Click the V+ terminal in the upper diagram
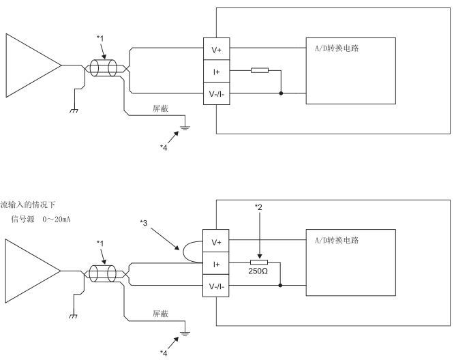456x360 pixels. pos(215,49)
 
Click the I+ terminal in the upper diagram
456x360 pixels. pos(215,71)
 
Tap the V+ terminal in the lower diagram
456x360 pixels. pos(215,242)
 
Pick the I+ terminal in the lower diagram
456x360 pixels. pos(215,264)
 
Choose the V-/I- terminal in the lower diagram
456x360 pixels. pos(215,285)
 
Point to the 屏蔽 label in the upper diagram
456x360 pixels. pos(160,108)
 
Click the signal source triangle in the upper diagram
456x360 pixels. pos(31,65)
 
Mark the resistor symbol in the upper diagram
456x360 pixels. pos(260,70)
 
